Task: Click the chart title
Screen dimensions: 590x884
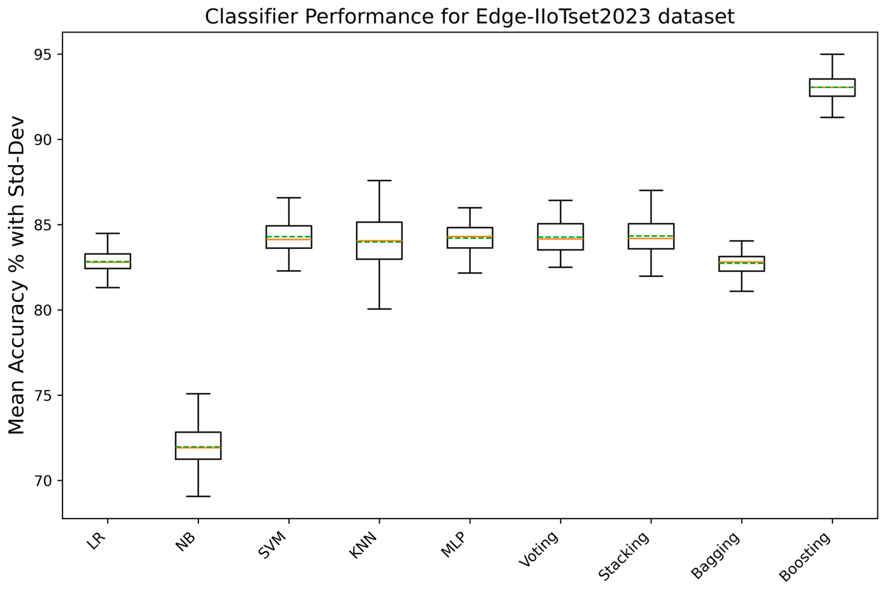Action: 470,17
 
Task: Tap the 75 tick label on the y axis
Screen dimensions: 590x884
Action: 43,395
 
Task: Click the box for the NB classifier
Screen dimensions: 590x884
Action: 198,446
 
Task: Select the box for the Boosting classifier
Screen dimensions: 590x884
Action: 832,88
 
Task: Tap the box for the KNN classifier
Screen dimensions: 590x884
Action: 379,241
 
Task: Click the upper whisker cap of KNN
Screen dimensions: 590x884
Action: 379,181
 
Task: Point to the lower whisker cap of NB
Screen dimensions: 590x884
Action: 198,496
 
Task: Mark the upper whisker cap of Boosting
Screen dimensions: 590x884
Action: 832,54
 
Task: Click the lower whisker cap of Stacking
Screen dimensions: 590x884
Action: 651,276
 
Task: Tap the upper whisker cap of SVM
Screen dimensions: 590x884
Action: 289,197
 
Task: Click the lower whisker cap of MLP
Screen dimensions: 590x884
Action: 470,273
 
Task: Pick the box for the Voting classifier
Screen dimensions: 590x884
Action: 560,237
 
